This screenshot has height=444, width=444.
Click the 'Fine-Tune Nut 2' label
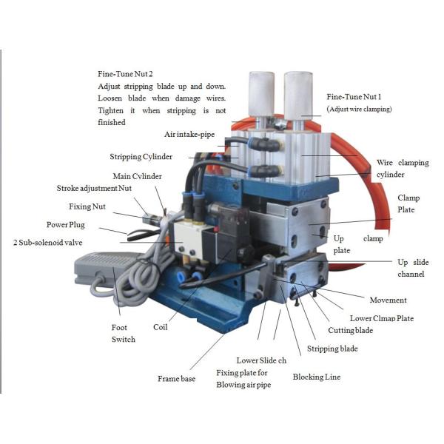pos(126,75)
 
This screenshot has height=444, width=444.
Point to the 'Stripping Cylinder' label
pos(141,157)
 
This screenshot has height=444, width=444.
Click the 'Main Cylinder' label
pos(137,176)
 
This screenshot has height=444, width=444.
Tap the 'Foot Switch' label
pos(123,334)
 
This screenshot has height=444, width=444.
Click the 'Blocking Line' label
pos(317,377)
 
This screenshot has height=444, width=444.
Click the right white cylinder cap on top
pos(297,94)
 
